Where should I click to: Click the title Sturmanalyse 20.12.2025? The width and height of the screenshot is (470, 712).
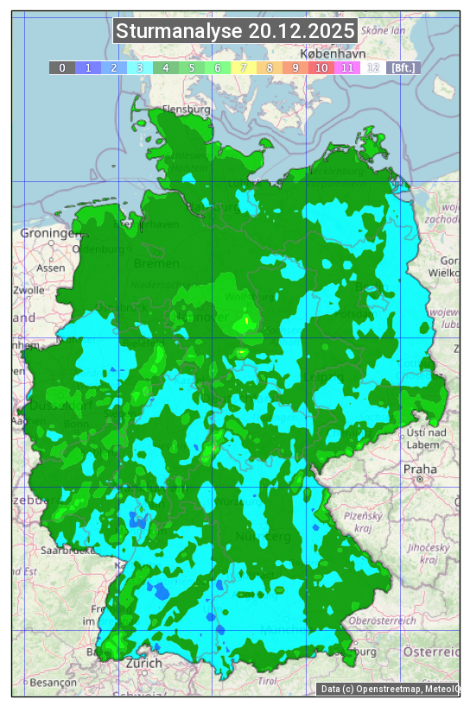(x=235, y=31)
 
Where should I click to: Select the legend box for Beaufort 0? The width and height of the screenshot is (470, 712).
(x=61, y=67)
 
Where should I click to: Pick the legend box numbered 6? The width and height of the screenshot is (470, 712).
(x=217, y=67)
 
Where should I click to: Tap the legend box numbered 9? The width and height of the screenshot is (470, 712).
(x=295, y=67)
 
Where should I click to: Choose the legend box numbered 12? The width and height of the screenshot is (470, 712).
(x=372, y=67)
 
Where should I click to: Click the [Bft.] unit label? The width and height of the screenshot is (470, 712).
(x=403, y=67)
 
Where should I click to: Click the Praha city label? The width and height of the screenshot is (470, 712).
(x=420, y=469)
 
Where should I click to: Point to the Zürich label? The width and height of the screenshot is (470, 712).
(x=143, y=664)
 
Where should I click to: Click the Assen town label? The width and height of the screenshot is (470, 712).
(x=51, y=268)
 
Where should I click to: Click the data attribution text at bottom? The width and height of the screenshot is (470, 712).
(x=389, y=689)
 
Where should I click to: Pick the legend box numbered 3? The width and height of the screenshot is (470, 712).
(x=139, y=67)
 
